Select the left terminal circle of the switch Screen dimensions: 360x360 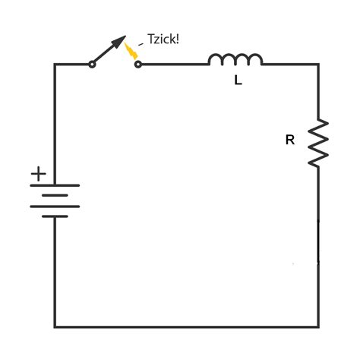[93, 65]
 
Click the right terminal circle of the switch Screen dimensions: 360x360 [137, 65]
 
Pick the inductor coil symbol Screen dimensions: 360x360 [235, 59]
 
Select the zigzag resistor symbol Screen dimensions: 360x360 [317, 142]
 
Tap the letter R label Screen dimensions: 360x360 [289, 141]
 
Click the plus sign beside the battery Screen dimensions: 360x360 [38, 175]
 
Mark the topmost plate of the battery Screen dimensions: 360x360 [55, 185]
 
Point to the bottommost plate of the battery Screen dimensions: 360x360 [55, 216]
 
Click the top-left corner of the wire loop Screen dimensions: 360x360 [55, 65]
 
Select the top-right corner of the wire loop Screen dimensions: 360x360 [317, 65]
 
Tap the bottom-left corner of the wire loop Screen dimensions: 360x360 [55, 327]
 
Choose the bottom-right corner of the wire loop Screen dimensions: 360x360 [317, 327]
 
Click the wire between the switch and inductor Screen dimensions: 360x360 [174, 65]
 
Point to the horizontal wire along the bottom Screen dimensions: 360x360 [186, 327]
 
